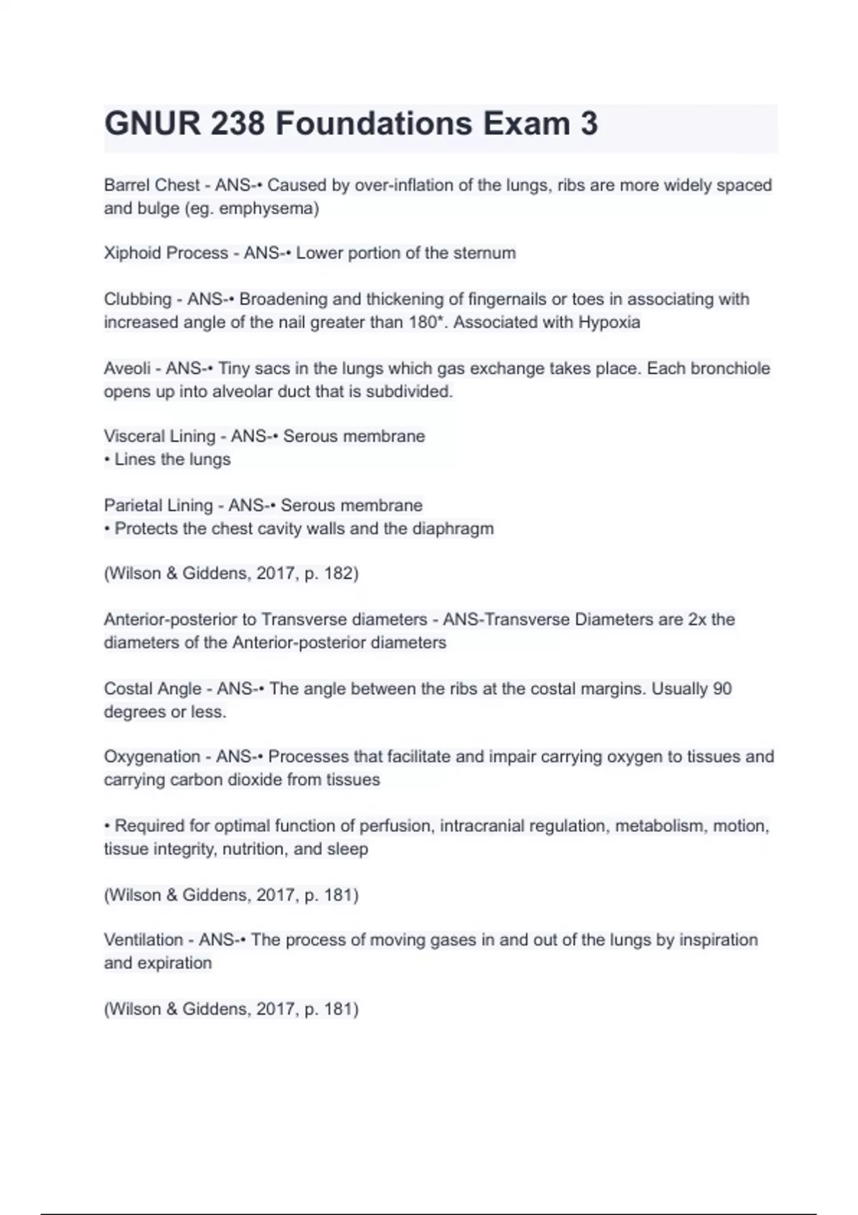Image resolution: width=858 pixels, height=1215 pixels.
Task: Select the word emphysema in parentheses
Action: [266, 209]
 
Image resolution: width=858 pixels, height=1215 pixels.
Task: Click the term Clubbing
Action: [138, 299]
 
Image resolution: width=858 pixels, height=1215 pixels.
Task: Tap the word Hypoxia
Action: [609, 322]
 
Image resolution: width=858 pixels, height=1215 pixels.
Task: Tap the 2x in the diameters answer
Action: [697, 619]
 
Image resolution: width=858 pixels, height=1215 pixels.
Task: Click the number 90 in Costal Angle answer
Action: [722, 688]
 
